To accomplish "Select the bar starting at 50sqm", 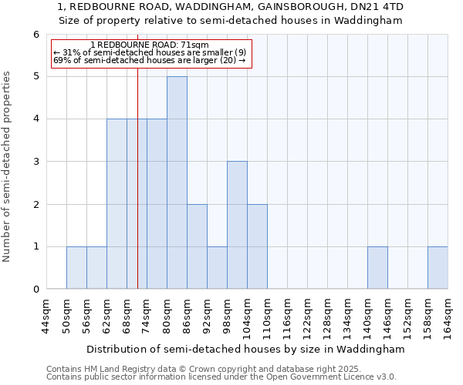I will [76, 268].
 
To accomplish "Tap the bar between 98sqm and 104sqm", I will [237, 225].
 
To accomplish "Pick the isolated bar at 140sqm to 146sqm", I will [377, 268].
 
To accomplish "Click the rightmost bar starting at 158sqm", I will [438, 268].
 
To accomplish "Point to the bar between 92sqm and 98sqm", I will [217, 268].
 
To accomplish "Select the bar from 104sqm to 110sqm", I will [257, 246].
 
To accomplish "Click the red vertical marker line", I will [137, 192].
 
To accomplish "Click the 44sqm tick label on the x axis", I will [46, 316].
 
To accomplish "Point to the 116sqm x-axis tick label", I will [287, 316].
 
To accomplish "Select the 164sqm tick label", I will [448, 316].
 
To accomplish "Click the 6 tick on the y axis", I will [35, 35].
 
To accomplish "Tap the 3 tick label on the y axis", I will [35, 162].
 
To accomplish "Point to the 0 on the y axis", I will [35, 290].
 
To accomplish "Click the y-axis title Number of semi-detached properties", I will [8, 166].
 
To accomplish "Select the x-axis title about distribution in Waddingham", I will [245, 349].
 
